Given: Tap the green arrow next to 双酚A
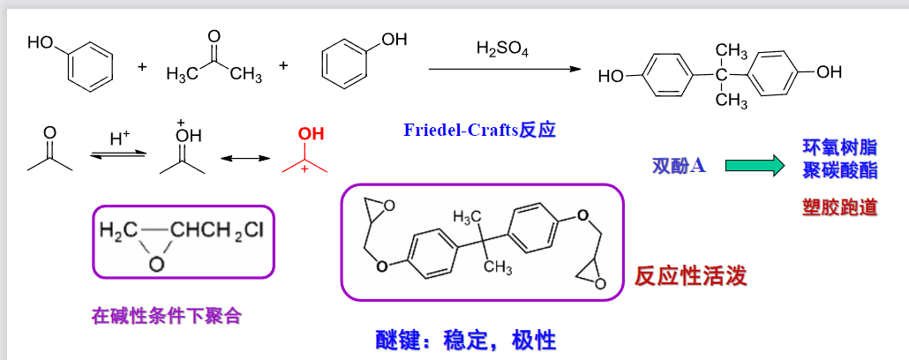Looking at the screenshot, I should tap(755, 164).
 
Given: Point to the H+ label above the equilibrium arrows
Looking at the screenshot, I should tap(119, 139).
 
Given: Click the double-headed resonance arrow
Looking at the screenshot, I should tap(244, 159).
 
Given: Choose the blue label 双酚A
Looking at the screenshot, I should tap(678, 165).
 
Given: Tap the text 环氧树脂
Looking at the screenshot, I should tap(839, 146).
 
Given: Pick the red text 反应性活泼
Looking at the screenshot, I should tap(691, 276).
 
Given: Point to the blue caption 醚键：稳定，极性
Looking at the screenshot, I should tap(465, 340).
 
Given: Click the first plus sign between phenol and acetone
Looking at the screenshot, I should tap(142, 66).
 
